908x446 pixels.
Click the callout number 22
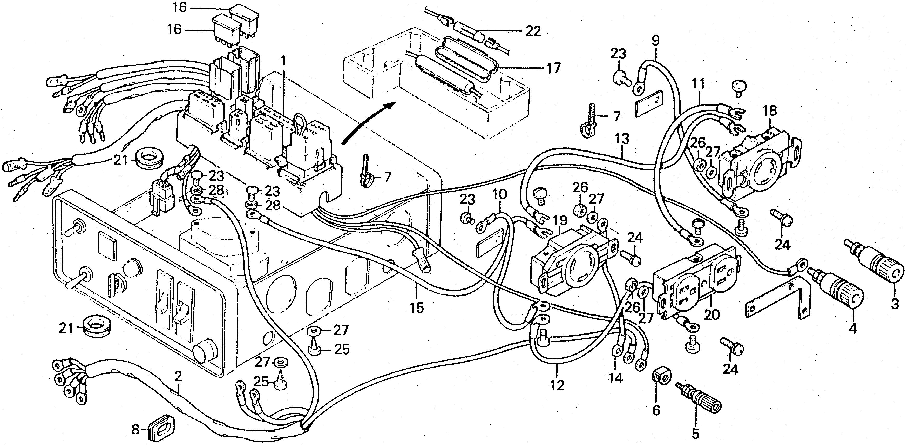point(533,31)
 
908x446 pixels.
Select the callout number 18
point(770,110)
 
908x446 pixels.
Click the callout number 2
point(178,377)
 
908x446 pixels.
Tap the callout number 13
point(622,139)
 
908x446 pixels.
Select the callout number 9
point(655,41)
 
